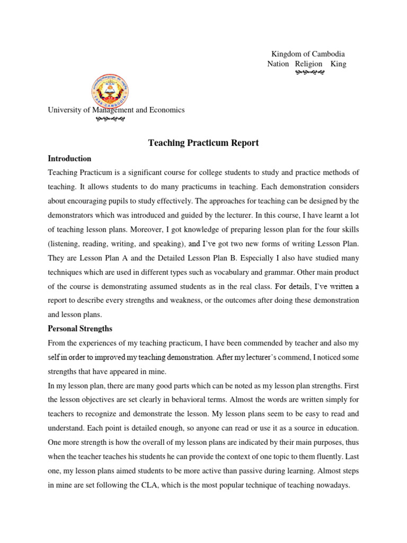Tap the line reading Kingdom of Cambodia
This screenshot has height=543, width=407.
tap(308, 54)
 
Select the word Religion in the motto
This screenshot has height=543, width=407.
tap(308, 64)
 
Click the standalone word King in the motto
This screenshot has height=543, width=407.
tap(338, 64)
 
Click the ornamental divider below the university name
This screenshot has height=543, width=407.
tap(110, 119)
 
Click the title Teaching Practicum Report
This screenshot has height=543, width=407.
tap(203, 143)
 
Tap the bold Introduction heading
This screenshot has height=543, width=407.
tap(69, 159)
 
